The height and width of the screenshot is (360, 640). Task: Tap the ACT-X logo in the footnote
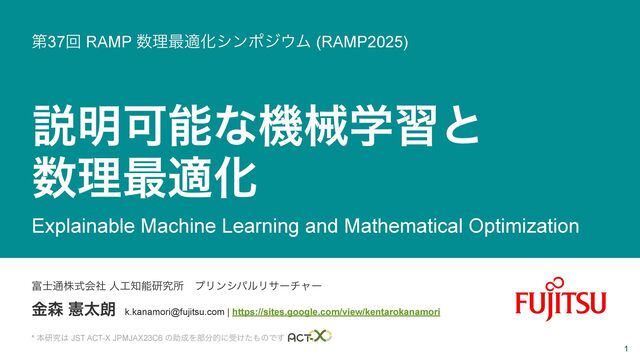pos(309,337)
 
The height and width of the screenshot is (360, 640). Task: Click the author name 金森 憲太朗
pos(73,309)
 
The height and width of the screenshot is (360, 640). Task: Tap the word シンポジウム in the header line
pos(262,41)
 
